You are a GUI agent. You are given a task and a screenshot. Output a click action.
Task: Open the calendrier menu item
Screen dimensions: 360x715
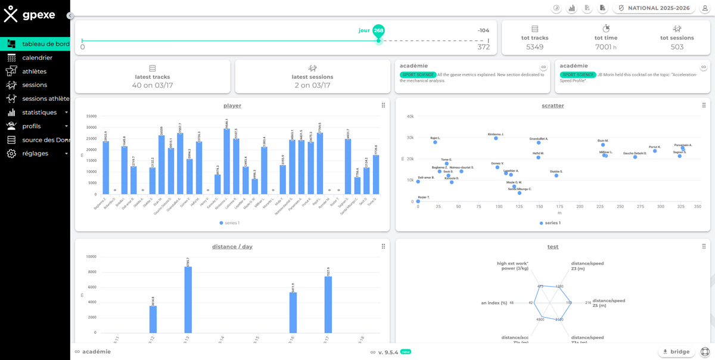[x=37, y=58]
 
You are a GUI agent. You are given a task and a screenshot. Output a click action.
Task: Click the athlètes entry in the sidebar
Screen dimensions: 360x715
[x=34, y=72]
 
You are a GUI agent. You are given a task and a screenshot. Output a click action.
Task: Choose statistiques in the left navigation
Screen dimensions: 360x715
[x=39, y=113]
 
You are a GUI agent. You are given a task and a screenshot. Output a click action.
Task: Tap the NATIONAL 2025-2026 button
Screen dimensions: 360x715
[x=654, y=8]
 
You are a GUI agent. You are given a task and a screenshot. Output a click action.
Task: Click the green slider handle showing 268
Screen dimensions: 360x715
[x=378, y=31]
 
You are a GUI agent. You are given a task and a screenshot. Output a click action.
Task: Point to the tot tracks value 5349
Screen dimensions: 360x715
[x=534, y=47]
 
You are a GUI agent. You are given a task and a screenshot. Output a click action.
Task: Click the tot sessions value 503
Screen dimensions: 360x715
[x=677, y=47]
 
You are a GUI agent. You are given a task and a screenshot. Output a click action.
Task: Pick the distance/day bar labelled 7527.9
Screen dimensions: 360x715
[x=328, y=304]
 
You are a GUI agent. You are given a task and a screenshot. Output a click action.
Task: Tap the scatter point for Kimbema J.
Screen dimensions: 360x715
[x=496, y=138]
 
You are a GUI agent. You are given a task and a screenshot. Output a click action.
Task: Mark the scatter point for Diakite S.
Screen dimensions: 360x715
[x=557, y=175]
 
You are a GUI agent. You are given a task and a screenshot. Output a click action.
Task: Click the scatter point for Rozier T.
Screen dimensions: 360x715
[x=418, y=201]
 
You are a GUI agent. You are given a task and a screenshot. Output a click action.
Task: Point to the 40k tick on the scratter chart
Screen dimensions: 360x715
[x=410, y=116]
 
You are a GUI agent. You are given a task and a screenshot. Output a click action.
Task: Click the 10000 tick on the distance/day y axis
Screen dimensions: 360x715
[x=91, y=257]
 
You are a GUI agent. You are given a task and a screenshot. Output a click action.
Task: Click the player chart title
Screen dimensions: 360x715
[x=232, y=105]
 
